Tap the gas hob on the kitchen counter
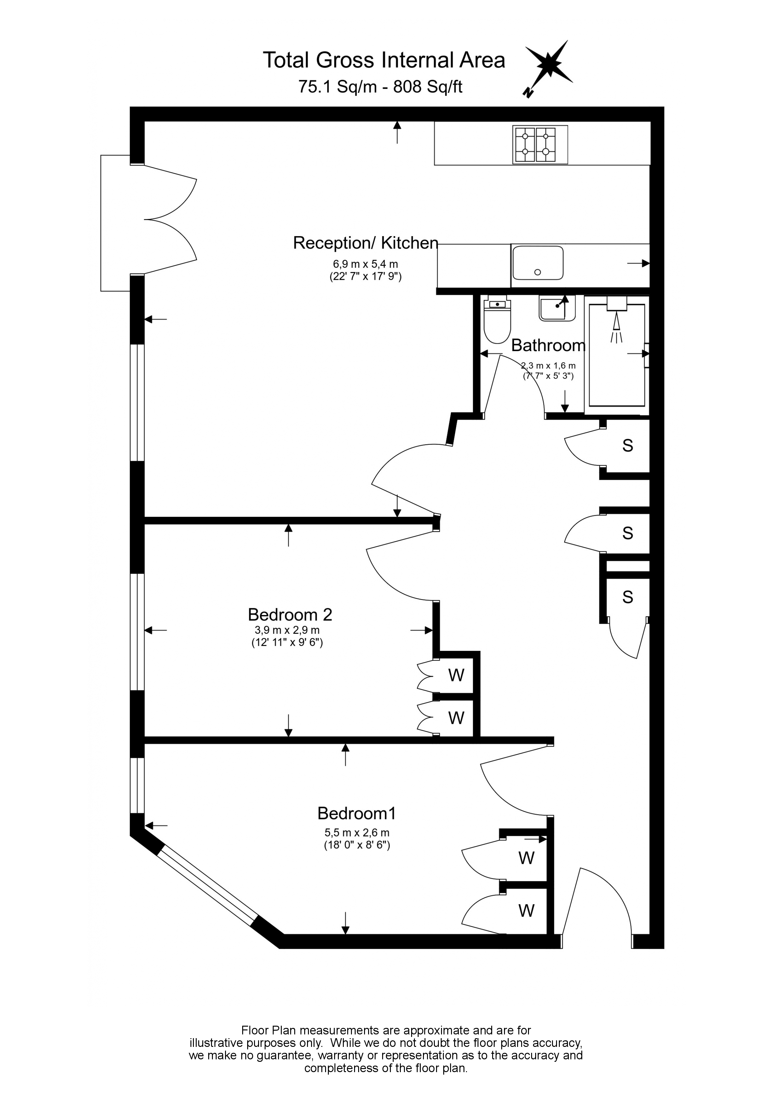(x=540, y=145)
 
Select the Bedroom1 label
(x=357, y=813)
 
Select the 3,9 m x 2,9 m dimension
(x=287, y=630)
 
